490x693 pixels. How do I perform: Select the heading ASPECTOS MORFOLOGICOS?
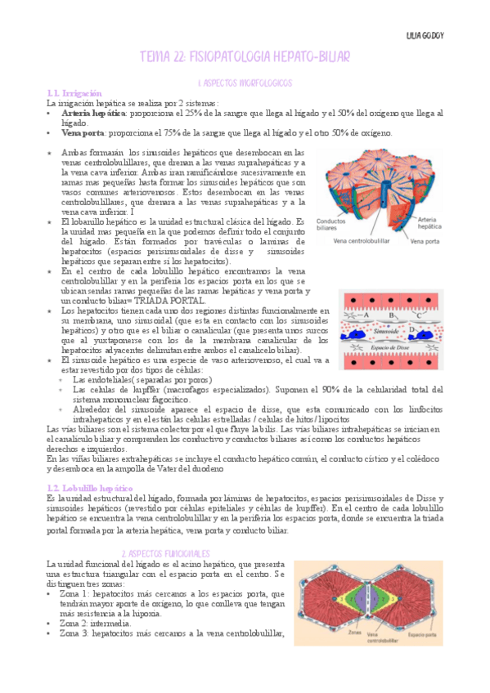247,83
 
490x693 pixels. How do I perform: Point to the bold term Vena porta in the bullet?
83,133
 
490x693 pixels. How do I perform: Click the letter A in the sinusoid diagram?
366,314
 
